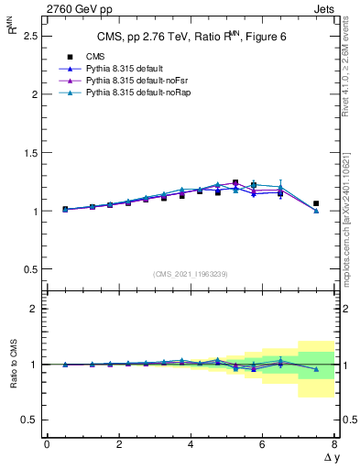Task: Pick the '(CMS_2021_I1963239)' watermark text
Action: (191, 274)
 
